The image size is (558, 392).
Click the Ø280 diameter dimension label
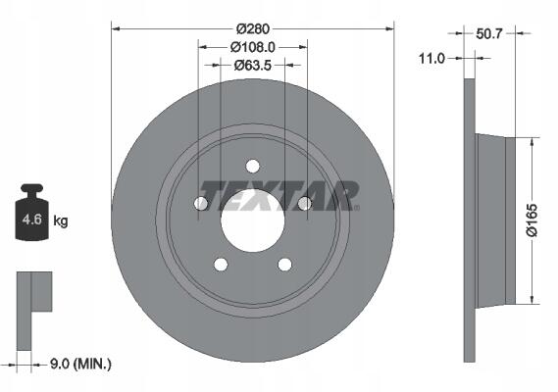[x=253, y=28]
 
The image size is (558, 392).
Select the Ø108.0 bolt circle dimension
[x=253, y=47]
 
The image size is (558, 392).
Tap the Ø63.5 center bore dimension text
[x=253, y=65]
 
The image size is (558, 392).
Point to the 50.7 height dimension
[x=488, y=33]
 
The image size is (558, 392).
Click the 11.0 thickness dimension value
[x=431, y=58]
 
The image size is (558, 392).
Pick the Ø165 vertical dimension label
[x=533, y=220]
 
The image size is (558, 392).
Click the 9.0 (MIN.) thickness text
[x=80, y=364]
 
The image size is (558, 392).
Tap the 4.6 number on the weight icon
[x=32, y=220]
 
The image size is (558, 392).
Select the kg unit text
[x=61, y=220]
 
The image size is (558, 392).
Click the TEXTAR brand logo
[x=280, y=195]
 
